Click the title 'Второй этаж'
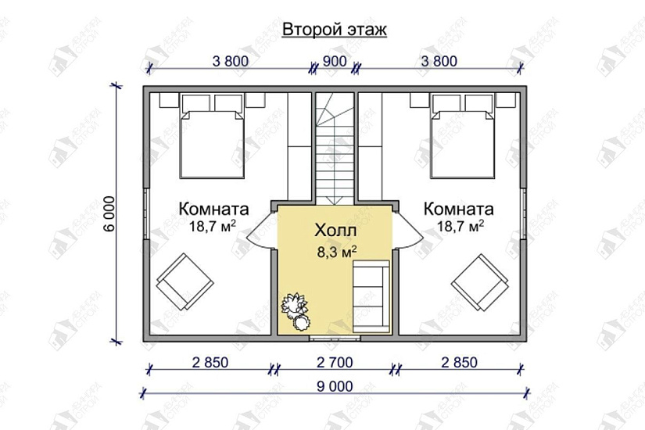tap(335, 30)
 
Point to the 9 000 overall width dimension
tap(335, 385)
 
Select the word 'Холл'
tap(335, 231)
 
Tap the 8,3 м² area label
tap(335, 252)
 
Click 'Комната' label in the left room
tap(213, 210)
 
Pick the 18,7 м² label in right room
tap(459, 226)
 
